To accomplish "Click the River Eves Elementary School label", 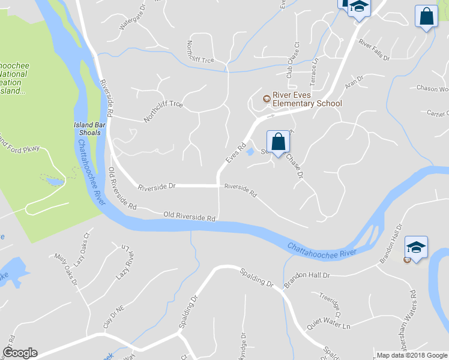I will click(307, 99).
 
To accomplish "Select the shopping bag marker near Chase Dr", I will click(278, 143).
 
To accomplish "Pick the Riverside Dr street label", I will click(156, 187).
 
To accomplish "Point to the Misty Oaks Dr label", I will click(66, 270).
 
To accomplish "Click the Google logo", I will click(20, 353).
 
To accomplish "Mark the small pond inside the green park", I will click(54, 181).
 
